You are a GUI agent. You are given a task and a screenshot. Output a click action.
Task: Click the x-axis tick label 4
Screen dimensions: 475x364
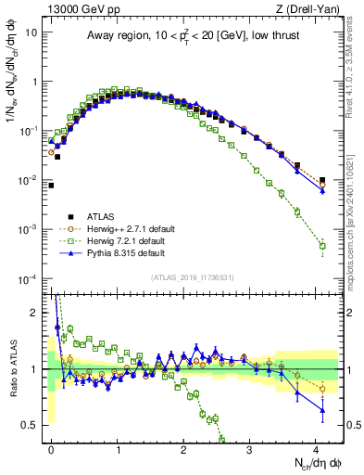tap(316, 448)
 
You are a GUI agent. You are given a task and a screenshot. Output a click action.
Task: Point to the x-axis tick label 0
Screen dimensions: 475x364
tap(52, 448)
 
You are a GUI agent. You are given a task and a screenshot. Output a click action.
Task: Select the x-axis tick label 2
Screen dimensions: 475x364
tap(184, 448)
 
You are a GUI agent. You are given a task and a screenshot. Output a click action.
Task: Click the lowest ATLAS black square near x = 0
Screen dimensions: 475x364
tap(52, 186)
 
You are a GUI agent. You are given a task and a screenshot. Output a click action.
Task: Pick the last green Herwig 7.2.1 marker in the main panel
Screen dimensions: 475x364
tap(322, 246)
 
